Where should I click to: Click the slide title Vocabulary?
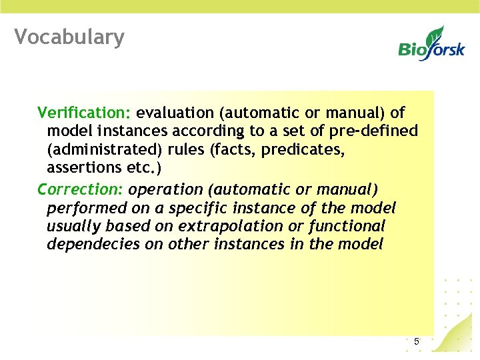click(x=69, y=37)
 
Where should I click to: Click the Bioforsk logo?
click(x=431, y=44)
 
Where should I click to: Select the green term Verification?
click(x=85, y=112)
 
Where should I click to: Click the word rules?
click(x=187, y=149)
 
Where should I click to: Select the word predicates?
click(x=303, y=149)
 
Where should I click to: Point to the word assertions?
click(x=79, y=168)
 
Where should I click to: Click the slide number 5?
click(x=417, y=342)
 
